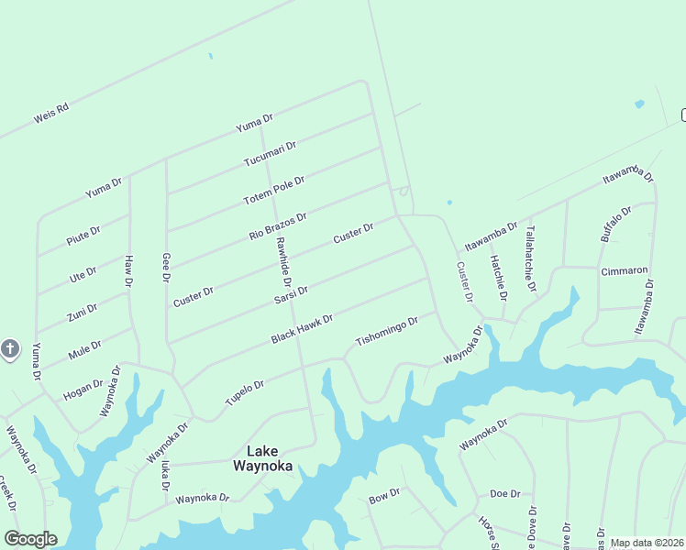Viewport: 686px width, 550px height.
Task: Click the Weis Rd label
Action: coord(51,114)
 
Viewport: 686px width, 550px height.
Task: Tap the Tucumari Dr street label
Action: coord(270,154)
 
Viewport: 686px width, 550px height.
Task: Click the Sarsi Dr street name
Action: coord(291,296)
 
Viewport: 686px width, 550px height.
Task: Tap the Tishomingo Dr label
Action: coord(387,333)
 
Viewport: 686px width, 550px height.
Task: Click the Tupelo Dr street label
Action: coord(245,393)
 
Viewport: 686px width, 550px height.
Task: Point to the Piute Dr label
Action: coord(83,234)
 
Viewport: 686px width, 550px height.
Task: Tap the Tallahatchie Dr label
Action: coord(529,260)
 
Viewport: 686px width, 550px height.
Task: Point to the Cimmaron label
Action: coord(624,271)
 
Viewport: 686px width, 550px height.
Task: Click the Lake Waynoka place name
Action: coord(262,458)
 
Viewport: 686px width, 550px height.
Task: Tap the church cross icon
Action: coord(10,349)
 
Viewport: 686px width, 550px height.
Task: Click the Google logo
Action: coord(30,539)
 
